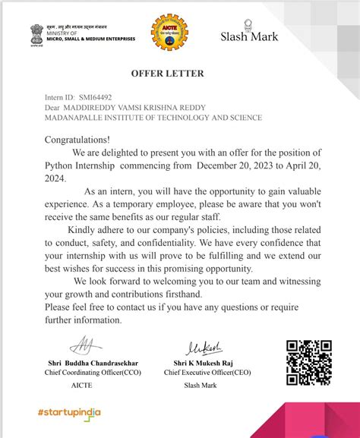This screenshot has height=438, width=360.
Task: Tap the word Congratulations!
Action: (77, 140)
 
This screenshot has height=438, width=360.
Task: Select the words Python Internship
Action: (81, 165)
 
